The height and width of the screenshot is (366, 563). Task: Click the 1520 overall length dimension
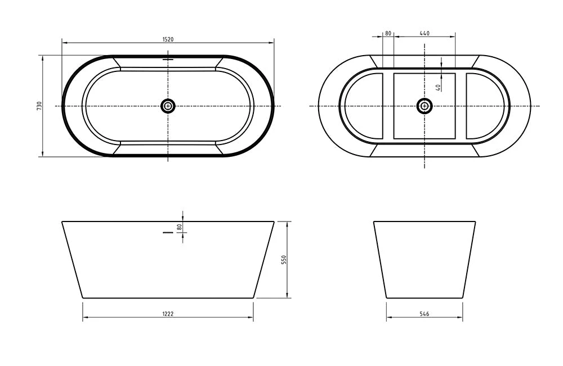(168, 39)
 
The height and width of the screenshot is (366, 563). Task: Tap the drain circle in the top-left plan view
(168, 106)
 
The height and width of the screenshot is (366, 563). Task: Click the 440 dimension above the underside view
(425, 34)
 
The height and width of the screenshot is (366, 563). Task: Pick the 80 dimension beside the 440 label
(387, 34)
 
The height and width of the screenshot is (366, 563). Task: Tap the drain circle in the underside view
(425, 106)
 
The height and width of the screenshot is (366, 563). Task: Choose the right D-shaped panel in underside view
(485, 106)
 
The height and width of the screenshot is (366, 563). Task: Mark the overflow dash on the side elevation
(168, 232)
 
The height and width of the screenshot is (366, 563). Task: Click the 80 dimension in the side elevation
(180, 227)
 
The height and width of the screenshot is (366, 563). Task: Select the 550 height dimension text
(284, 259)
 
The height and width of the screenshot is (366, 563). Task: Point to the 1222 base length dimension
(168, 314)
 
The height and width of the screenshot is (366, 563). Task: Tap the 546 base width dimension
(425, 314)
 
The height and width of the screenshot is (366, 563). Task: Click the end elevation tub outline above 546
(425, 259)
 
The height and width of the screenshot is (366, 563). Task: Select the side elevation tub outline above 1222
(168, 259)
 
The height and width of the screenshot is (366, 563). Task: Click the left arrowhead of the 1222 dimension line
(85, 318)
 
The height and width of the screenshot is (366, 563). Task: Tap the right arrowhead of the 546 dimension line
(461, 318)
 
